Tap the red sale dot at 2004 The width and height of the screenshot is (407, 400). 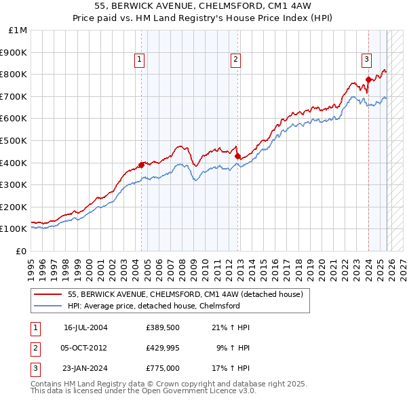[141, 165]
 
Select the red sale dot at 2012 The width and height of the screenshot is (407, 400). [237, 157]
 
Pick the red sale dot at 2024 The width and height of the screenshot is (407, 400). [368, 79]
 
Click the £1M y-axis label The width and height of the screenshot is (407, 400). [18, 31]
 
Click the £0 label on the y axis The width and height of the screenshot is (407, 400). [22, 251]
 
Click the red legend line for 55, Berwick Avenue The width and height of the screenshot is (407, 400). [47, 295]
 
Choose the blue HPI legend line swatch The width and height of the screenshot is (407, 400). [47, 306]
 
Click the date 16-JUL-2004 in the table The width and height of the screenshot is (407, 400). [85, 327]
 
